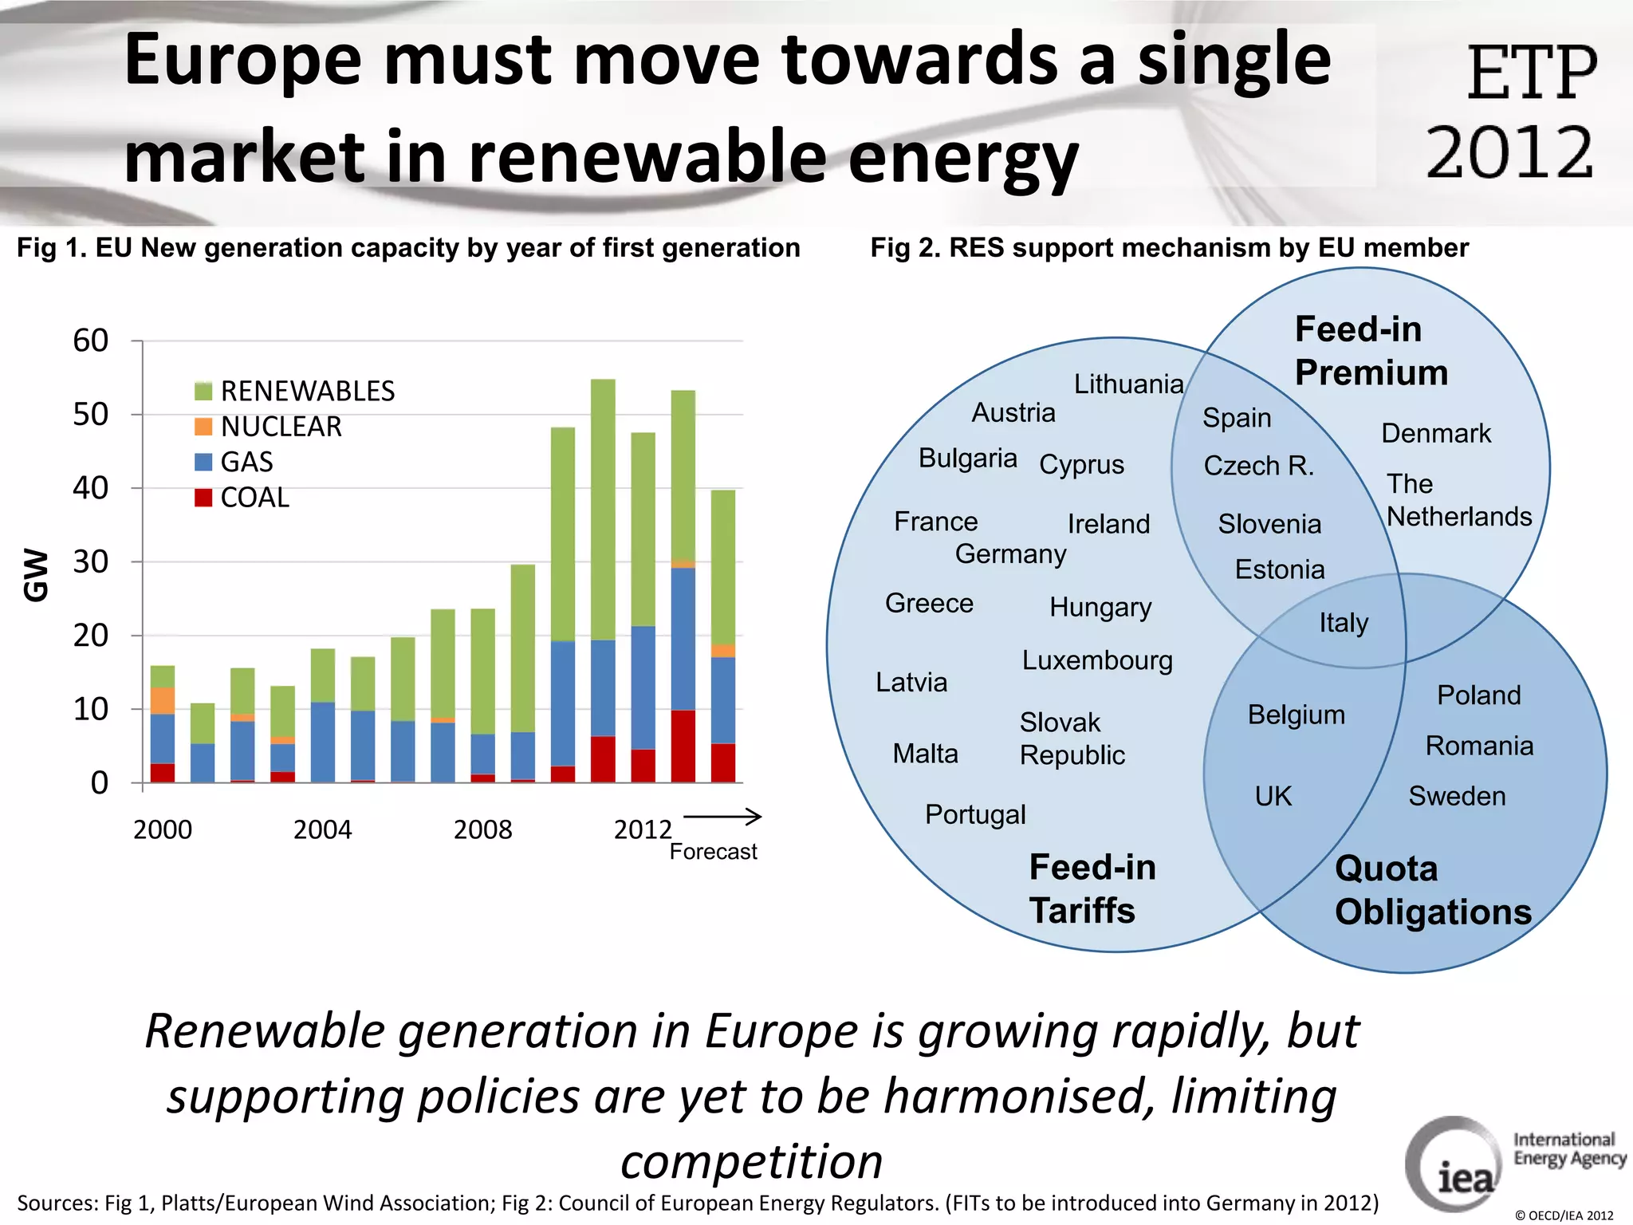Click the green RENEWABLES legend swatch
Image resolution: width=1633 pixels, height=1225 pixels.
203,391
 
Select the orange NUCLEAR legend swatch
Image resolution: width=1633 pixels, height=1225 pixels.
203,427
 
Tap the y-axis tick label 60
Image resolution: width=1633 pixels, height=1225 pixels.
90,341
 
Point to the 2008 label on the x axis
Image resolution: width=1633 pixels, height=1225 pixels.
482,829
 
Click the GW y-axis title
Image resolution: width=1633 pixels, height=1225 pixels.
36,574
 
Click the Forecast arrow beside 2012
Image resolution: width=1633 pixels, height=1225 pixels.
722,816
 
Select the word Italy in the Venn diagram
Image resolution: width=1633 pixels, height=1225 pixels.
1344,622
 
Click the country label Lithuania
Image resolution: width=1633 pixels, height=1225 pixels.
1128,384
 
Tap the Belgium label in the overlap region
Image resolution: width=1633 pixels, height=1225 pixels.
1296,715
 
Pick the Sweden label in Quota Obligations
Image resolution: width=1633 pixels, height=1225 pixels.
1457,796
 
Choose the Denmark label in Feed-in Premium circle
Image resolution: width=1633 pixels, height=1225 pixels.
1435,433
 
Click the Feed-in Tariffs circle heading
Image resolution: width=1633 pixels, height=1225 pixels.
1092,888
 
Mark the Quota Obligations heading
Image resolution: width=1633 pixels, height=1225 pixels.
1433,890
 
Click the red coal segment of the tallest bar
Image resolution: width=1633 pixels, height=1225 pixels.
603,758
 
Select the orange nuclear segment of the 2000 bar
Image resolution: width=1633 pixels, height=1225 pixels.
163,700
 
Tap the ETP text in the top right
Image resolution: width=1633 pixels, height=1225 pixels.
1531,73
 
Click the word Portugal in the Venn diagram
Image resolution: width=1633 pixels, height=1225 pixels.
975,814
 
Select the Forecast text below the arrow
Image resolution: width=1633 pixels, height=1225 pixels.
713,852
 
